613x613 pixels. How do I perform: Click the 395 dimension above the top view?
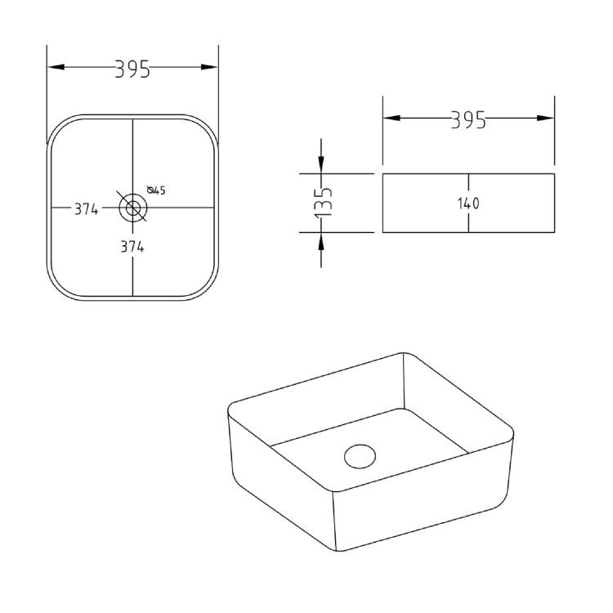[x=132, y=69]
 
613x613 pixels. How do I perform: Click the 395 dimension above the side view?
[x=468, y=120]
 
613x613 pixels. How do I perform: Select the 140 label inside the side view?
[x=468, y=204]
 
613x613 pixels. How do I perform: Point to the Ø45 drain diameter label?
[x=156, y=190]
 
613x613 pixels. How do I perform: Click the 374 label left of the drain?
[x=86, y=209]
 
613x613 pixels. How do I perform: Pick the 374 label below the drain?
[x=132, y=247]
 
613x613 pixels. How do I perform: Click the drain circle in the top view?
[x=132, y=208]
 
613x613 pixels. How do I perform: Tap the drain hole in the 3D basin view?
[x=359, y=455]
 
